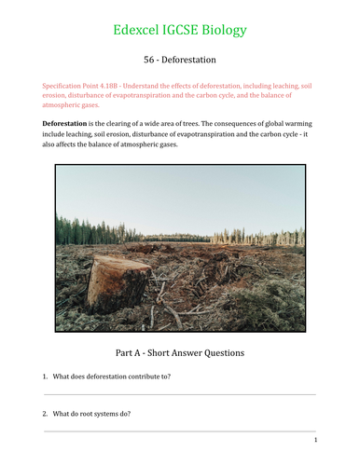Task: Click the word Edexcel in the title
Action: click(139, 30)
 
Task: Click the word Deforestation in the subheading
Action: click(190, 60)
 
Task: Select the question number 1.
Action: click(45, 377)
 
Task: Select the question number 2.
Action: click(45, 413)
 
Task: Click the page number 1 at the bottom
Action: click(316, 440)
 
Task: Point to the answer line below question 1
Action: click(180, 394)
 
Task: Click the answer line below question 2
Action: click(180, 431)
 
